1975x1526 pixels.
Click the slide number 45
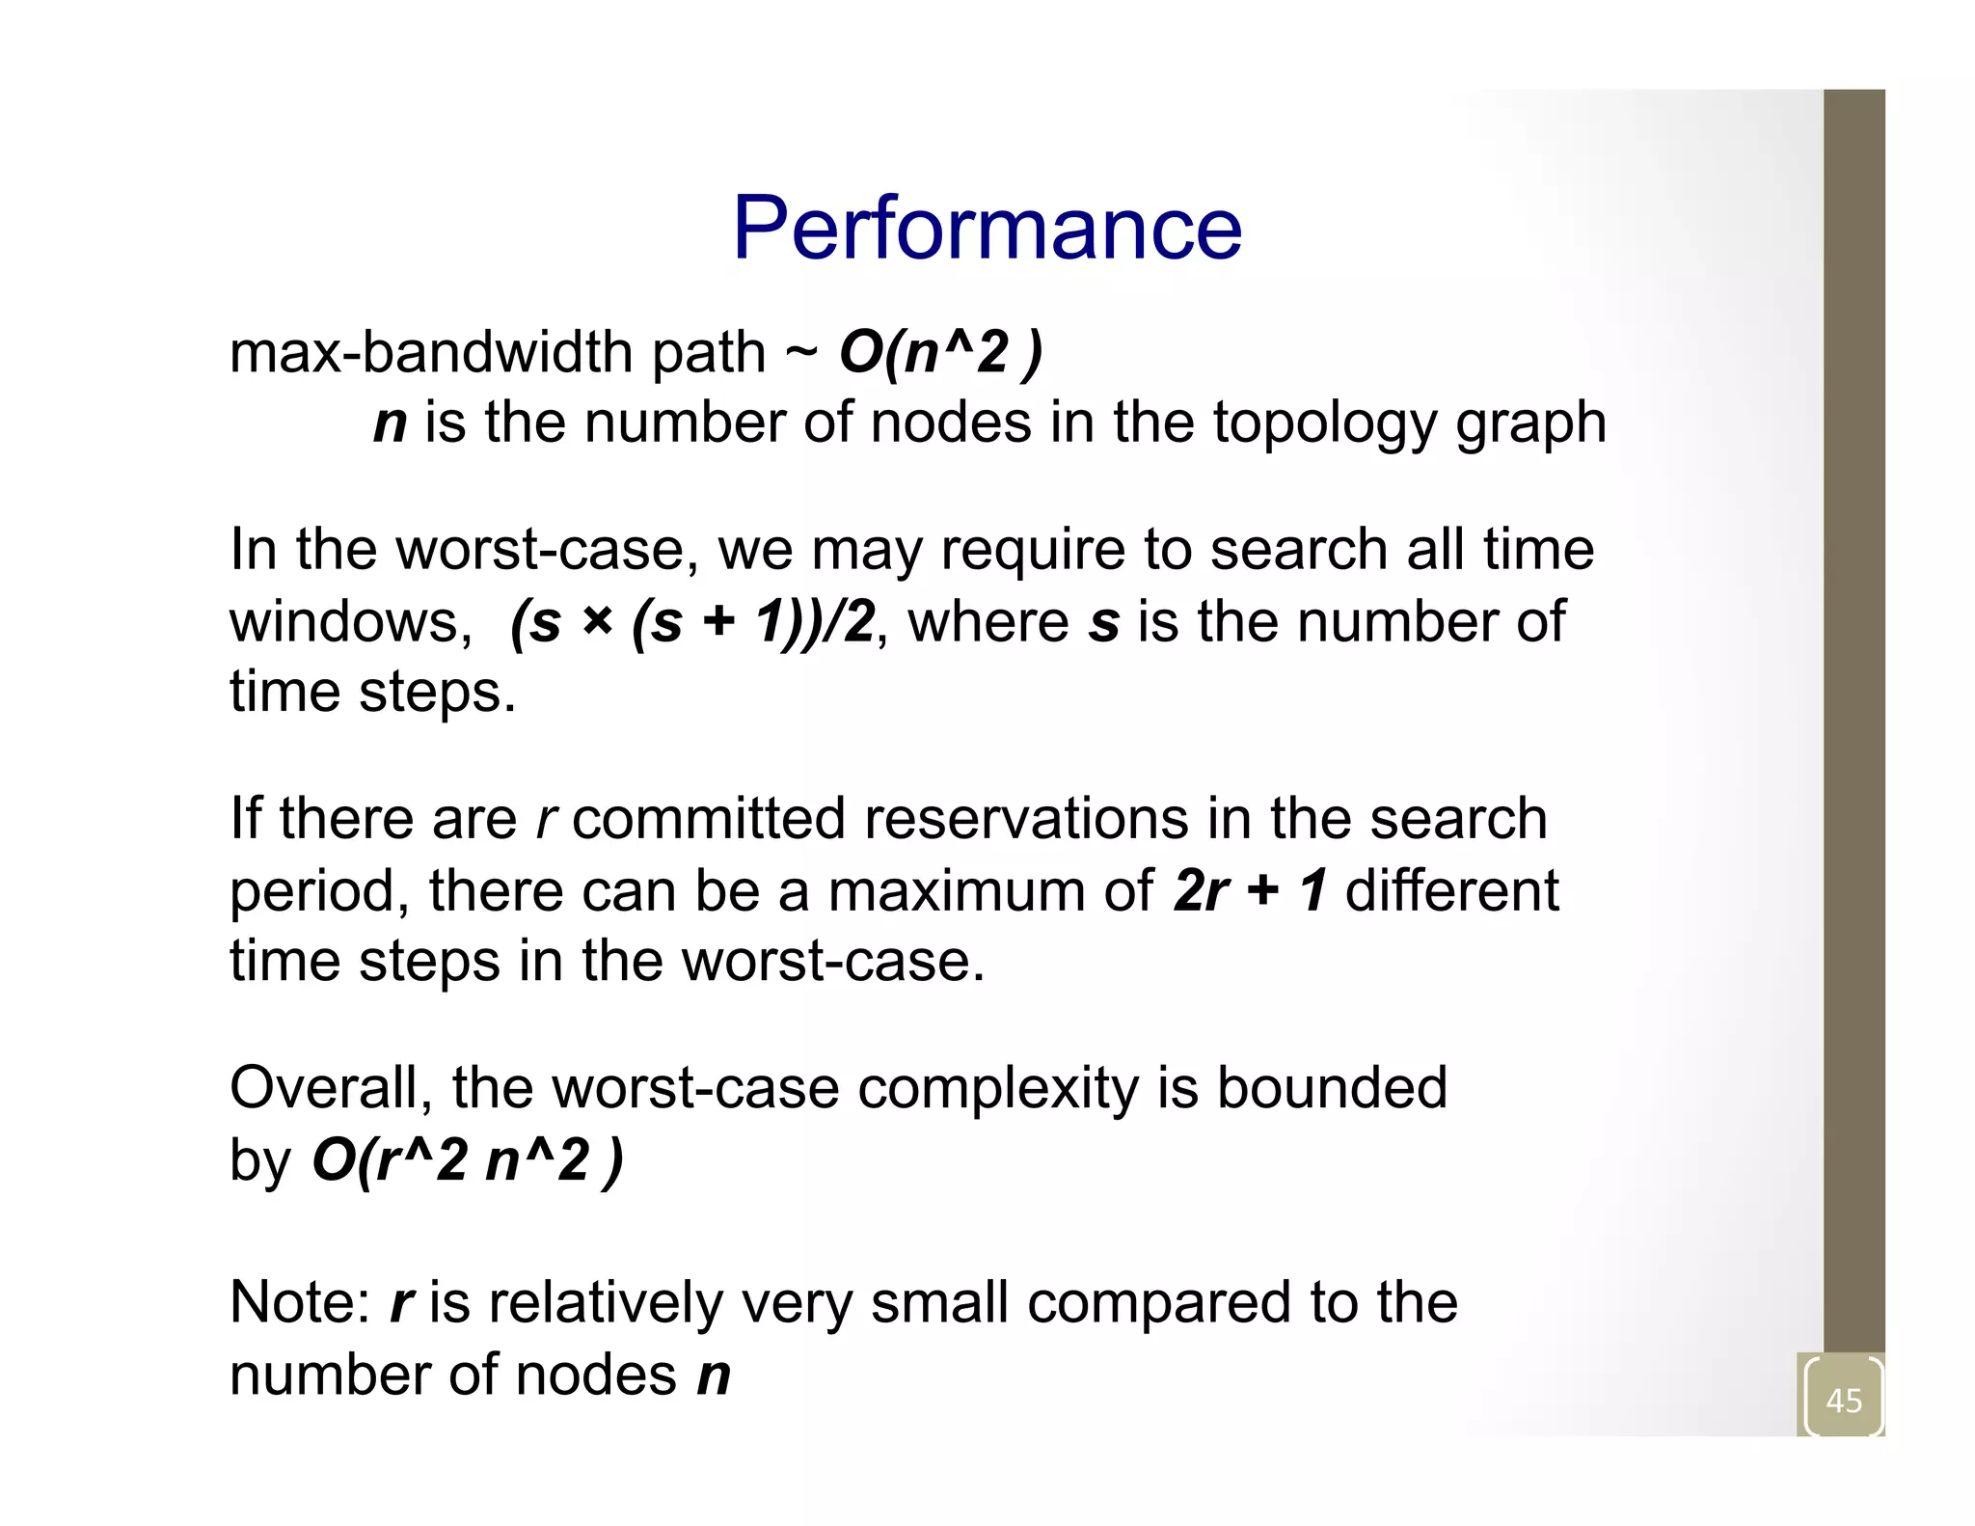point(1844,1400)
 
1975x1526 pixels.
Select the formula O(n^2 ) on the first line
point(940,352)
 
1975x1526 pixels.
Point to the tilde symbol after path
point(800,352)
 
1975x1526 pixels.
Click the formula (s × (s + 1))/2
point(692,621)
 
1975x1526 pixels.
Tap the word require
point(1033,551)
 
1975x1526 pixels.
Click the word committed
point(709,819)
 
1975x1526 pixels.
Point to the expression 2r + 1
point(1250,890)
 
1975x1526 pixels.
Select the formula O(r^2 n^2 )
point(468,1159)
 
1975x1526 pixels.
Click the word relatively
point(605,1303)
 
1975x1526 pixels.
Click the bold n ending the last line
point(714,1376)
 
